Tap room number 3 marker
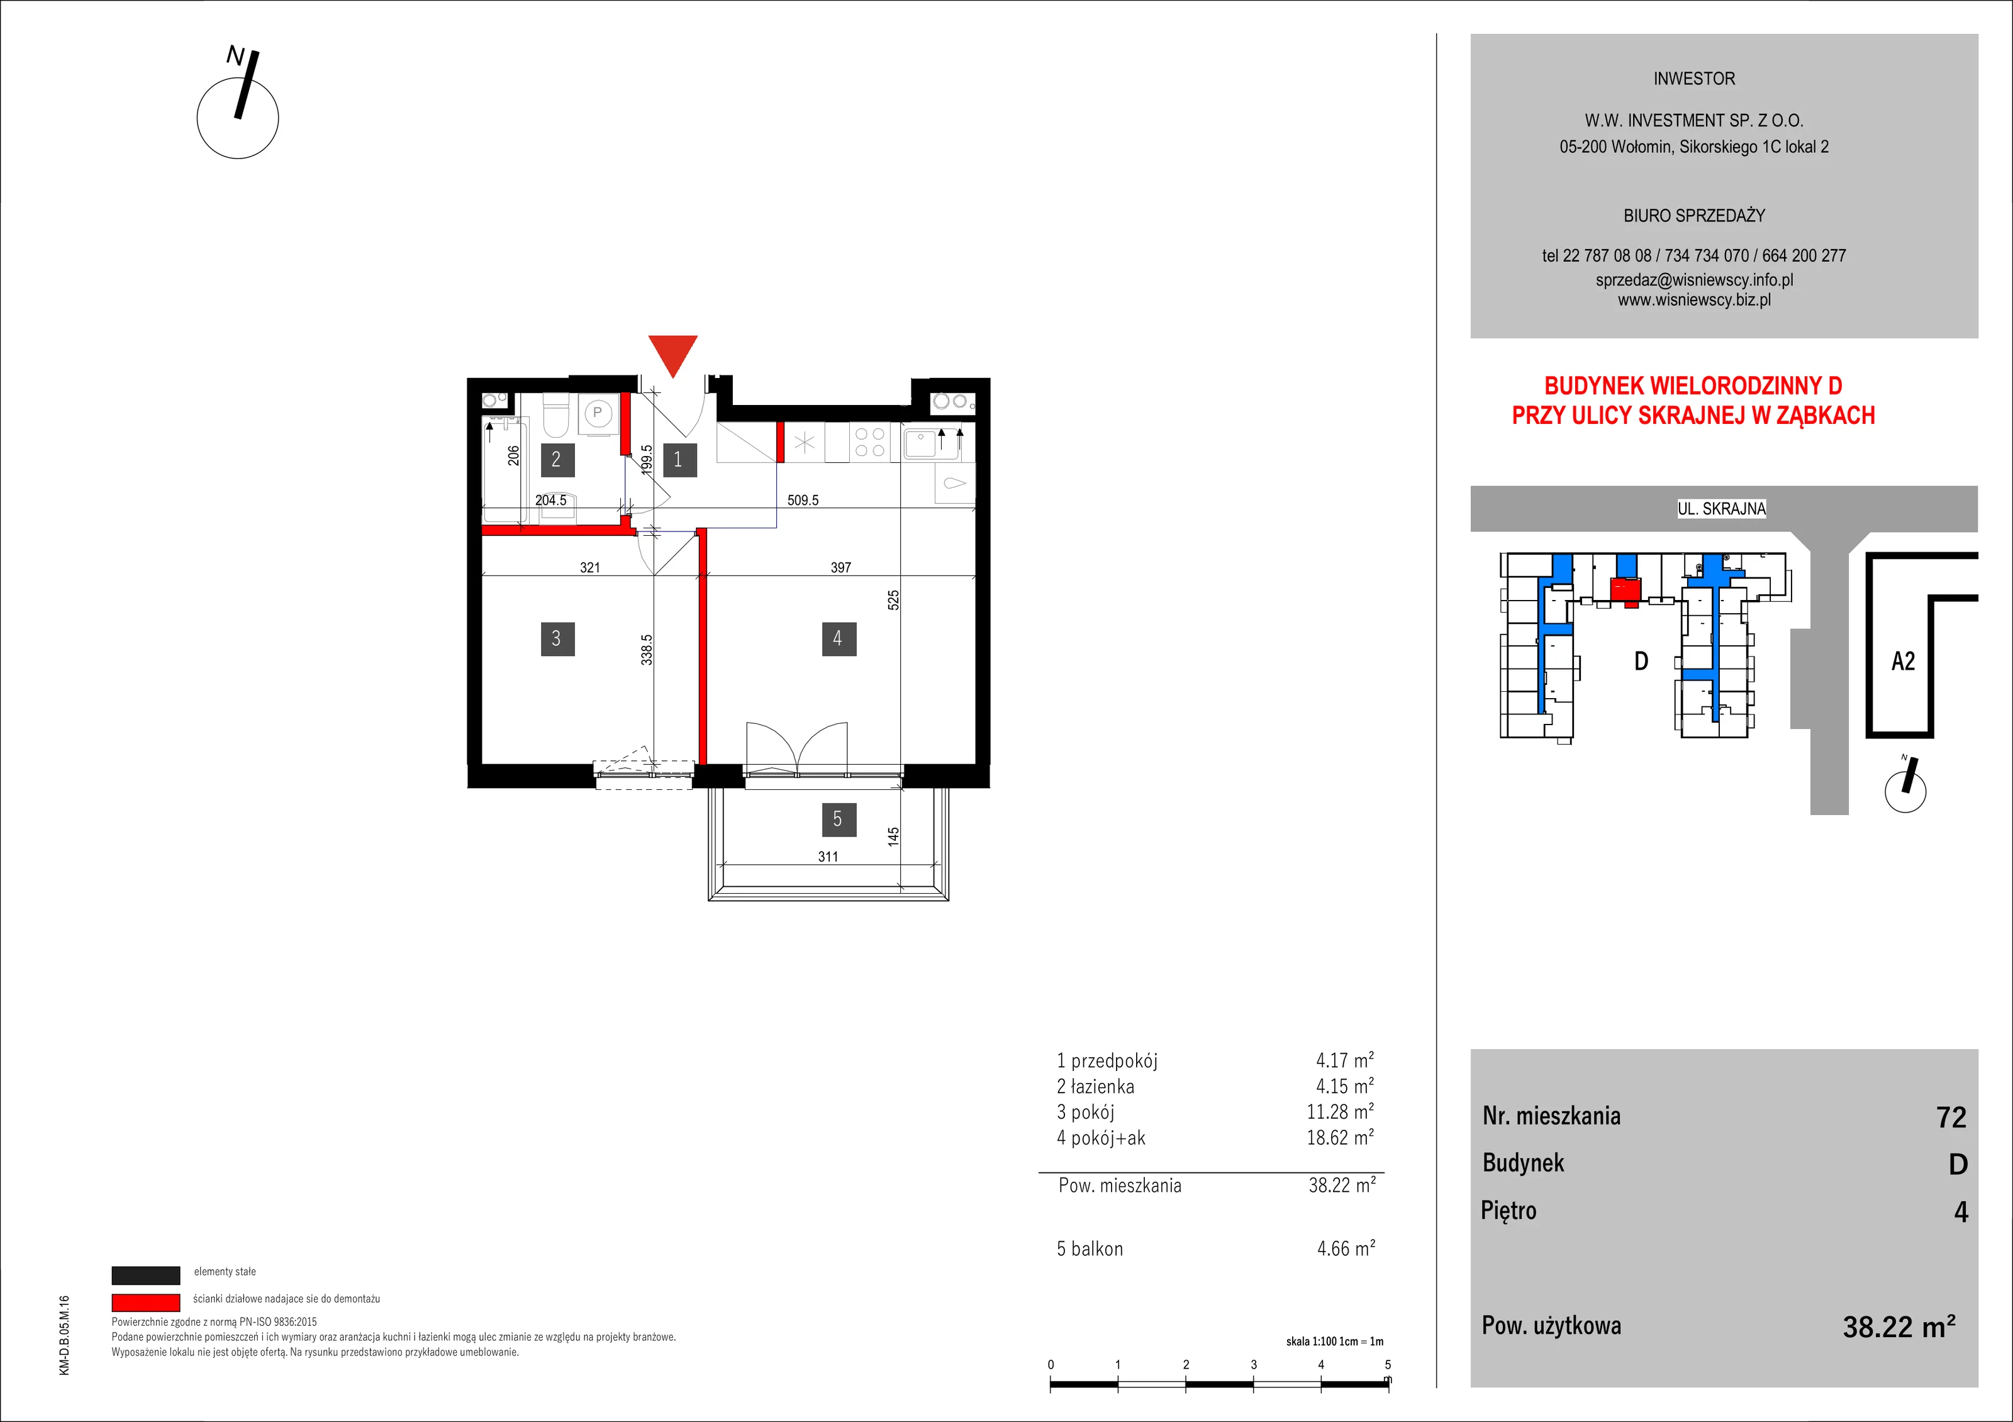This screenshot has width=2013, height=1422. click(557, 638)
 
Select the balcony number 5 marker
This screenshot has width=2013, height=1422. click(838, 819)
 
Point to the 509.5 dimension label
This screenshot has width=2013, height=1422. click(803, 500)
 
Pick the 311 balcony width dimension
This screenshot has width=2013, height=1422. click(828, 857)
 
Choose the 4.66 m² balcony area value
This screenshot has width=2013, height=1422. click(1346, 1248)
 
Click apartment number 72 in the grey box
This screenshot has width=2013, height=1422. click(1951, 1117)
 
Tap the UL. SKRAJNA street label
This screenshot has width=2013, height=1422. click(1722, 508)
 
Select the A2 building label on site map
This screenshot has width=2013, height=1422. click(1904, 661)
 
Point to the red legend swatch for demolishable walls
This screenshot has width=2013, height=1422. click(145, 1302)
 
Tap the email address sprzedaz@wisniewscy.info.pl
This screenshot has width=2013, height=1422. click(1694, 280)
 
